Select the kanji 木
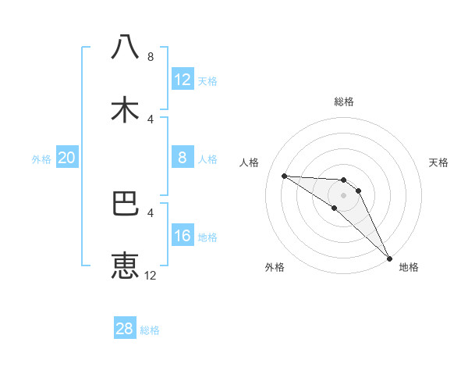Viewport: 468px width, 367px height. pos(126,110)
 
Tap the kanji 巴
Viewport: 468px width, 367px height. pos(126,204)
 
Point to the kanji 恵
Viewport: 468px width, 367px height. pos(126,266)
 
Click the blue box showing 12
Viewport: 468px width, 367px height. pos(183,79)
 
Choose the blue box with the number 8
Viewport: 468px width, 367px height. pos(183,158)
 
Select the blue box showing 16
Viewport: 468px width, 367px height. pos(183,236)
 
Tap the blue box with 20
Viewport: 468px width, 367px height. pos(66,158)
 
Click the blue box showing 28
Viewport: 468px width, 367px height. pos(125,329)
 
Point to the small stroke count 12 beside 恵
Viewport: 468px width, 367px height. pos(151,275)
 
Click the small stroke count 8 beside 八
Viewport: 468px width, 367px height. pos(151,56)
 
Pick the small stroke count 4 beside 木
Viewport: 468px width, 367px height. pos(151,119)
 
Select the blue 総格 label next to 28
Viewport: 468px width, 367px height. pos(150,330)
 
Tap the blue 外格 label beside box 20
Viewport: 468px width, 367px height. pos(41,159)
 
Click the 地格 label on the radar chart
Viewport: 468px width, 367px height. pos(409,268)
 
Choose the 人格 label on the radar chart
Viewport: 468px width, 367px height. pos(250,162)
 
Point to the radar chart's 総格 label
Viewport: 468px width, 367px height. pos(344,102)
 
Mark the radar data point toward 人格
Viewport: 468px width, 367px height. pos(284,176)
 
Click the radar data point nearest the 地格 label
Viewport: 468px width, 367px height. pos(389,257)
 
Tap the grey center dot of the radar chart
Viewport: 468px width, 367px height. pos(343,194)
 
